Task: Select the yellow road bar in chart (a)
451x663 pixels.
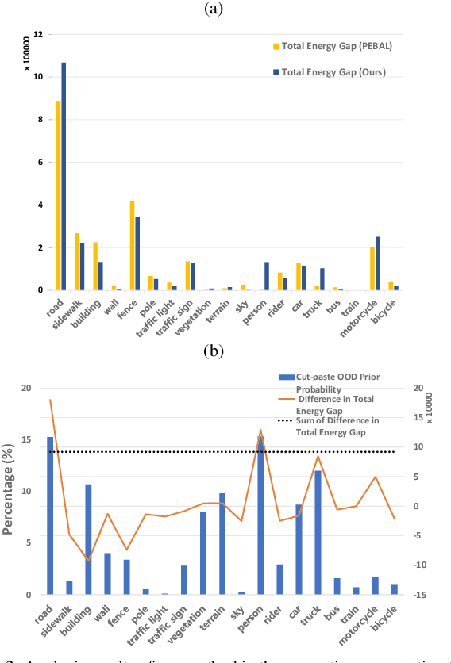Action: (58, 195)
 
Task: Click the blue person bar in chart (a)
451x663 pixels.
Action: (266, 276)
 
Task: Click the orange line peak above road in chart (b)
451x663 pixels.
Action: (51, 400)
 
